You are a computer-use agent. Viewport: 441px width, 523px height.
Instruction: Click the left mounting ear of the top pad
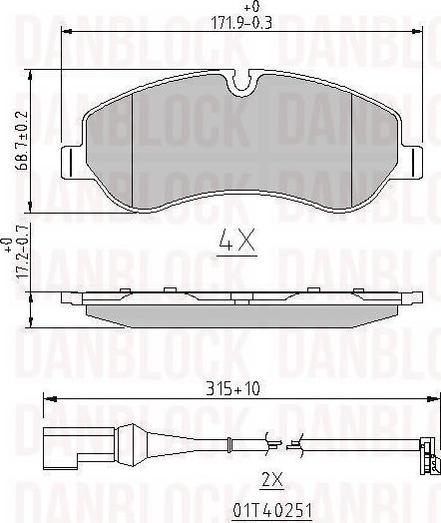click(71, 160)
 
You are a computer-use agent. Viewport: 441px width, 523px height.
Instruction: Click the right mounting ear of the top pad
click(410, 160)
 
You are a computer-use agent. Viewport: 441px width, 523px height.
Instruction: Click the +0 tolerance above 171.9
click(240, 9)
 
